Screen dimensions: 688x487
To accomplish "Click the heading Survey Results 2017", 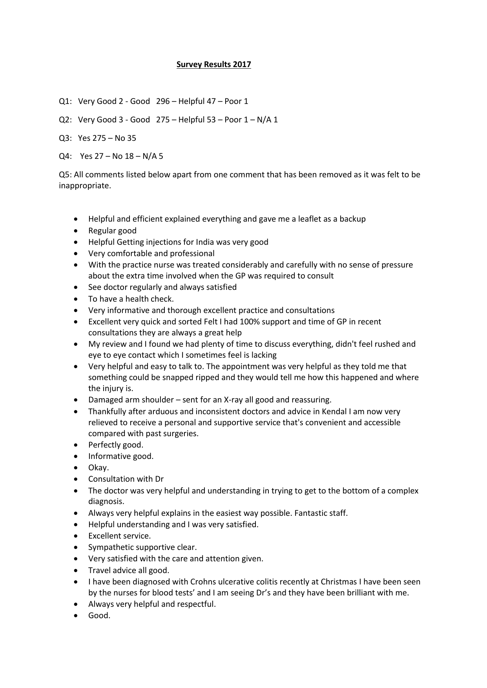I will coord(213,65).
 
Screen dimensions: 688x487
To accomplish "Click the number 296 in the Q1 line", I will coord(163,101).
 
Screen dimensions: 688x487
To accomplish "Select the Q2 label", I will coord(65,120).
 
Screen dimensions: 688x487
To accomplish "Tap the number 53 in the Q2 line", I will coord(211,120).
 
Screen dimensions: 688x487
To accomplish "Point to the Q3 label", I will coord(65,138).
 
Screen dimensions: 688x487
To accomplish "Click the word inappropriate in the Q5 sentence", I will coord(84,186).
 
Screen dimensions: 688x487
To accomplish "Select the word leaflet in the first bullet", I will coord(308,219).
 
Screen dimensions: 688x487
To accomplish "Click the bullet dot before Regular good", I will coord(76,231).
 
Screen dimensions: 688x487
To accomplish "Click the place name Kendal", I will coord(334,411).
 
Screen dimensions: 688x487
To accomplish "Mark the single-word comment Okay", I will coord(98,468).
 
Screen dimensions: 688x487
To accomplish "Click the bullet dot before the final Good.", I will coord(76,616).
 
